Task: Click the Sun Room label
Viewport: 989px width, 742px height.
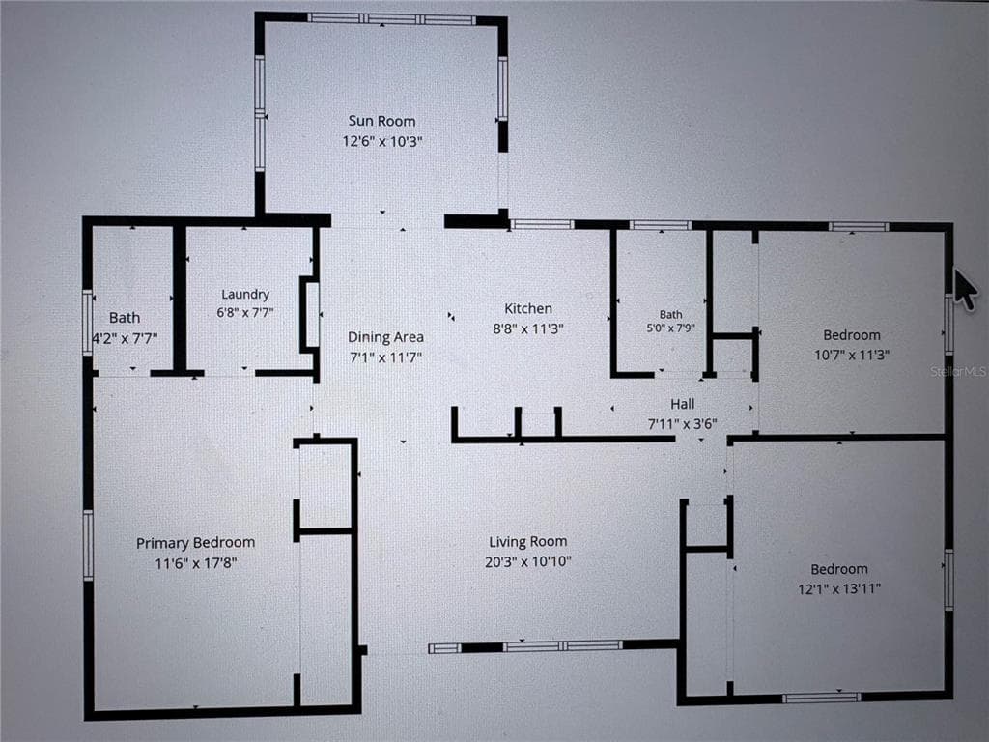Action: click(x=381, y=121)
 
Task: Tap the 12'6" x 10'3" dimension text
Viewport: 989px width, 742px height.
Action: click(x=382, y=141)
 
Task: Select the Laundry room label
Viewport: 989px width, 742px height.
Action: click(x=245, y=294)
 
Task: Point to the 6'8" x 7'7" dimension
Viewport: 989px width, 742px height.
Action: click(x=244, y=312)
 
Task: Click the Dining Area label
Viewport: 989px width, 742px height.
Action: click(x=385, y=337)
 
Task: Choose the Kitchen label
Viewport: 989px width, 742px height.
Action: click(x=528, y=308)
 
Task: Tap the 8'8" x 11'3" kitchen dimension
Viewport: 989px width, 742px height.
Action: click(x=528, y=328)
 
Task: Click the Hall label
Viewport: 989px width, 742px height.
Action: click(x=683, y=404)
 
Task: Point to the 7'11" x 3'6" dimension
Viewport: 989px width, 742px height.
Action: click(x=683, y=424)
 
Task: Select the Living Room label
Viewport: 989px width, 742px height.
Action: click(x=528, y=541)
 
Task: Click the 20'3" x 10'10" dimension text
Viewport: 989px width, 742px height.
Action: click(x=528, y=561)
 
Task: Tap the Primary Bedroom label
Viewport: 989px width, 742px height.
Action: click(x=195, y=543)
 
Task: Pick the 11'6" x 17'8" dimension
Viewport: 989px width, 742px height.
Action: click(x=195, y=563)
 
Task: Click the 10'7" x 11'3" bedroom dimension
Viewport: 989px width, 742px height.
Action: click(x=852, y=355)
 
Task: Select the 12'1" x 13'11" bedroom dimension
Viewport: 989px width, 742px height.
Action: click(x=839, y=588)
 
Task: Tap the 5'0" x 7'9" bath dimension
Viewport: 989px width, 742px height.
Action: click(x=670, y=328)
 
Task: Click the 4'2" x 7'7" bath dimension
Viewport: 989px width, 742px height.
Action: click(x=125, y=339)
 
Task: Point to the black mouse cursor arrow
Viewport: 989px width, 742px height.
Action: click(x=965, y=289)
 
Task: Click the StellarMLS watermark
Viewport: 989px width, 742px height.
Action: click(x=958, y=372)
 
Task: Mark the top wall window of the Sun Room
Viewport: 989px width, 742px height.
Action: click(x=392, y=19)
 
